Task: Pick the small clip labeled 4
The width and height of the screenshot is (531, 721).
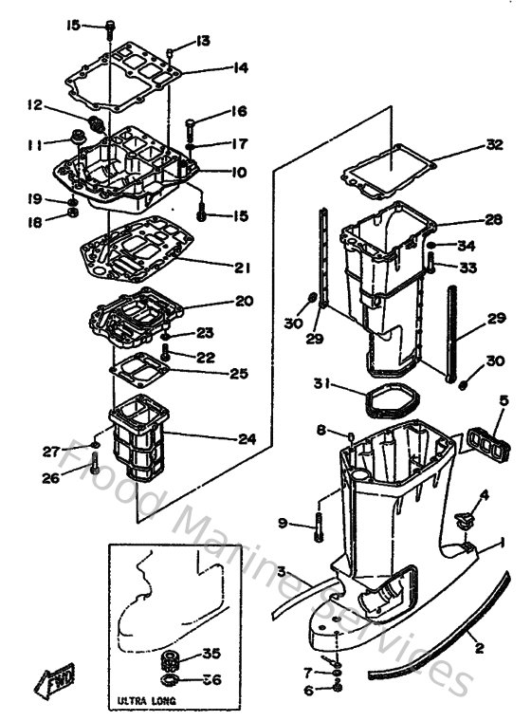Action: click(x=464, y=519)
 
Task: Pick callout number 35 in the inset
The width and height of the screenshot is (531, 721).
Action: click(x=213, y=655)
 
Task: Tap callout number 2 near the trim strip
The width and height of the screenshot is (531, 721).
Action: click(x=478, y=649)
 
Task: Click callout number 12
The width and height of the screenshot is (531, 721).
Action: click(x=35, y=104)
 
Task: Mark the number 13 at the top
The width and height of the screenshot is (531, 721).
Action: click(x=203, y=40)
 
